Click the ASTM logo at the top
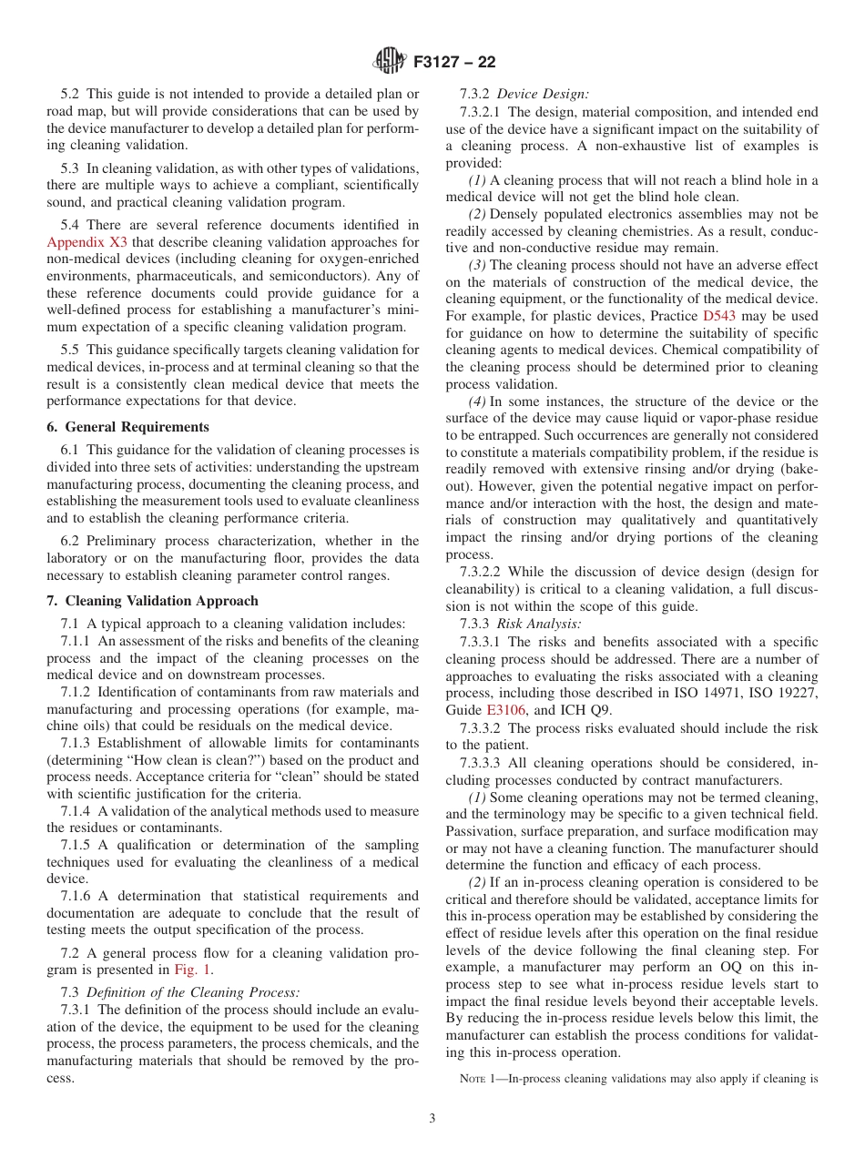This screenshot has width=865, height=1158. pyautogui.click(x=389, y=62)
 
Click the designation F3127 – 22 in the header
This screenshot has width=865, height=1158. pyautogui.click(x=454, y=63)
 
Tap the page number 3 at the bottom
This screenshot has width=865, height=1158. pyautogui.click(x=432, y=1118)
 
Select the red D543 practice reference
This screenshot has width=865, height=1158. pyautogui.click(x=719, y=316)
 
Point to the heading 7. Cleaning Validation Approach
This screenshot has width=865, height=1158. pyautogui.click(x=152, y=601)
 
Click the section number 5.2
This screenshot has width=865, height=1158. pyautogui.click(x=70, y=93)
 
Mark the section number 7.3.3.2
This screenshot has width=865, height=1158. pyautogui.click(x=482, y=728)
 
